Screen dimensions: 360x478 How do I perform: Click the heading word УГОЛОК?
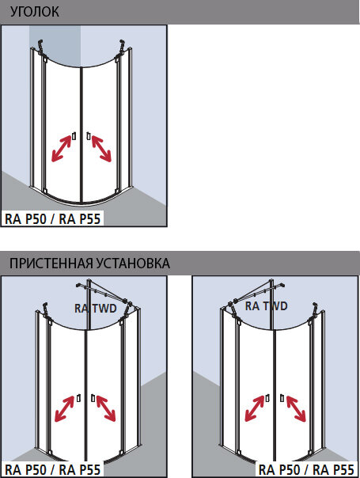(35, 12)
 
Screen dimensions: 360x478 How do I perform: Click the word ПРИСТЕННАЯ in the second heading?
(51, 263)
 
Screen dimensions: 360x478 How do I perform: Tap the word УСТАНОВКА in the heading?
(133, 263)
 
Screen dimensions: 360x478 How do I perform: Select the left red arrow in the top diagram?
(61, 149)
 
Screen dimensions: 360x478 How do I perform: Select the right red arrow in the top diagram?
(101, 149)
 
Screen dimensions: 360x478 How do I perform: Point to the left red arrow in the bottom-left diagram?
(65, 409)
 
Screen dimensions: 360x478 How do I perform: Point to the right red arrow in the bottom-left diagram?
(106, 409)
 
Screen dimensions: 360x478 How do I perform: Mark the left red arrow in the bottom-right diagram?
(255, 408)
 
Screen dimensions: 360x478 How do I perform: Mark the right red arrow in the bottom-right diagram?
(296, 408)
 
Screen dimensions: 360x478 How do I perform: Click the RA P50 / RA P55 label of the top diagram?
(52, 218)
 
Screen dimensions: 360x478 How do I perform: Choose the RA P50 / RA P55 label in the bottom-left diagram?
(52, 470)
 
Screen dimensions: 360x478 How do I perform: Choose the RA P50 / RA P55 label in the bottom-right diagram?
(306, 470)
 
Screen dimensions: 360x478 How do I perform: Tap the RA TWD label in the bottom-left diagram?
(96, 309)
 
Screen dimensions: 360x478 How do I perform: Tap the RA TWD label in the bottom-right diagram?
(266, 306)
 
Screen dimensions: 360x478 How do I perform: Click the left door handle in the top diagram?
(74, 136)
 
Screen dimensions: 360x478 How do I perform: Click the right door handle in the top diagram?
(89, 136)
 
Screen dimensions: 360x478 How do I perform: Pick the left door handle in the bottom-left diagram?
(78, 398)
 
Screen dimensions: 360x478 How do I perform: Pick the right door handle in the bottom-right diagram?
(282, 398)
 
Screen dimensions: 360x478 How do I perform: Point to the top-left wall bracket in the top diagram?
(41, 48)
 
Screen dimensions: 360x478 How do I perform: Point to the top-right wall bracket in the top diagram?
(120, 48)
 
